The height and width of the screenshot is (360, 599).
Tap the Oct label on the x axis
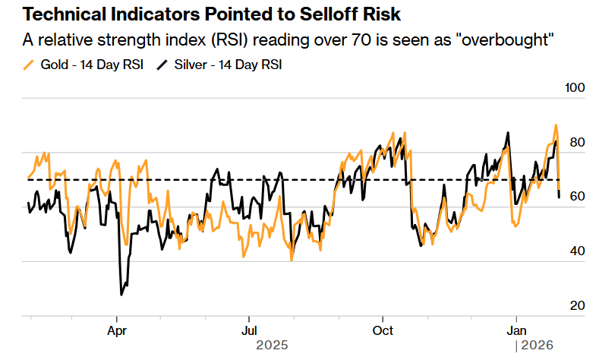(383, 330)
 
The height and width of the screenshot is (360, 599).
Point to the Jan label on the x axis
(516, 330)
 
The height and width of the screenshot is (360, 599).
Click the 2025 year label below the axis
(273, 346)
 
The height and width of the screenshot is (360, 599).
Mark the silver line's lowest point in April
(121, 294)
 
